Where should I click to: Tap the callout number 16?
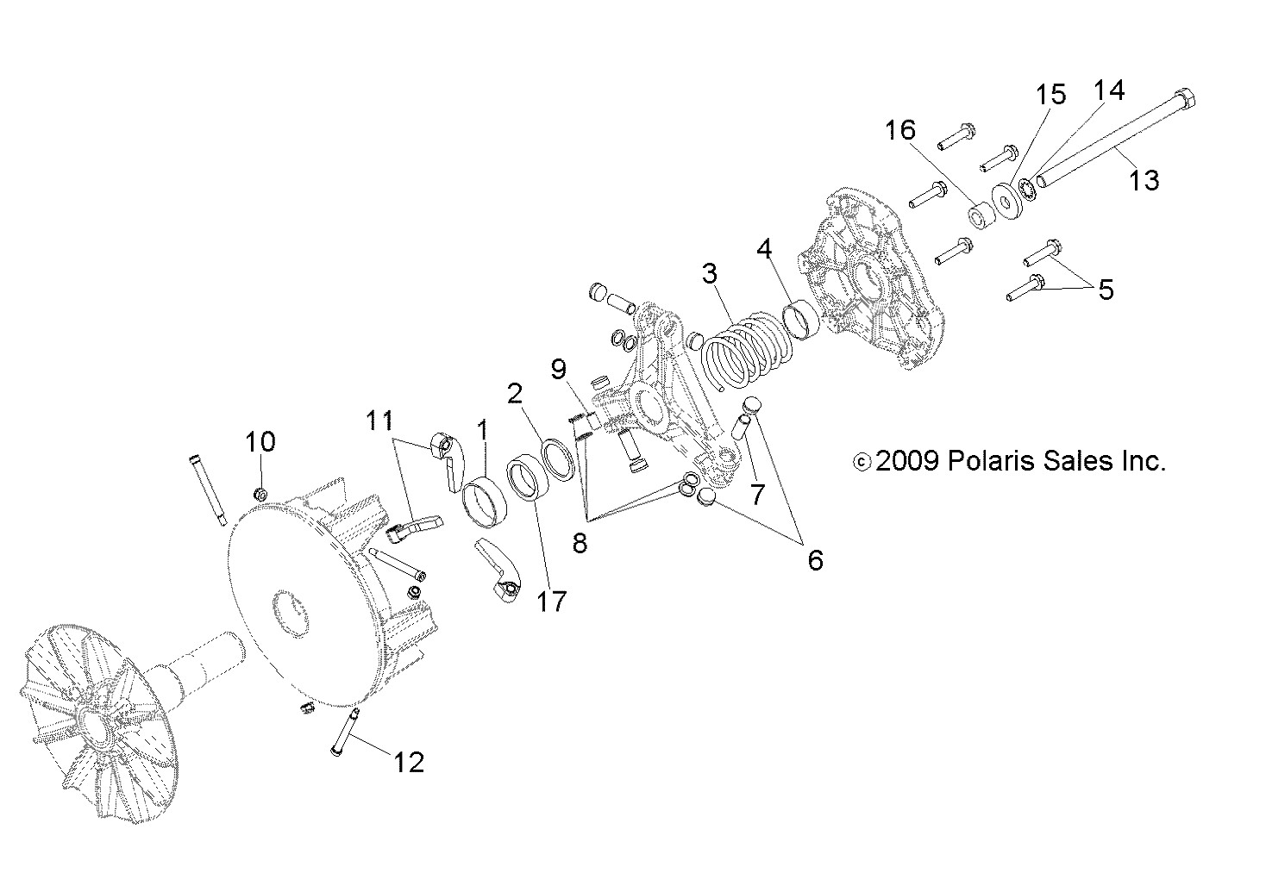[899, 130]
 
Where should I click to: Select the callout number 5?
[1106, 290]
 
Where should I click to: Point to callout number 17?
[552, 601]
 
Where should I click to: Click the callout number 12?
[409, 762]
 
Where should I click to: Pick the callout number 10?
[260, 441]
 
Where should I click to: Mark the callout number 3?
[709, 274]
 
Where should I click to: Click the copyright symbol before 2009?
[860, 463]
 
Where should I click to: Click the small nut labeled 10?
[260, 494]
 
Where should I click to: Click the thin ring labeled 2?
[558, 457]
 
